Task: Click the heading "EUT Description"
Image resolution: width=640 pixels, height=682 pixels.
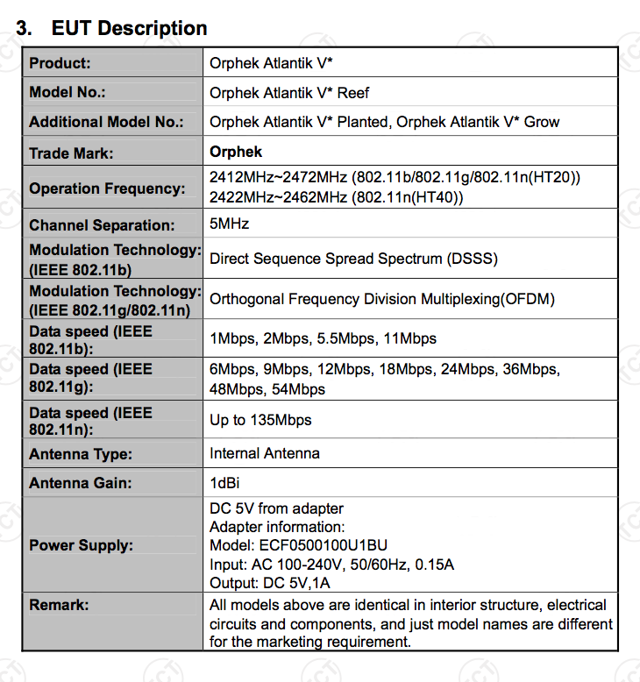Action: tap(130, 28)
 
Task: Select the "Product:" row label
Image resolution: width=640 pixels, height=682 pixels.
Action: tap(60, 64)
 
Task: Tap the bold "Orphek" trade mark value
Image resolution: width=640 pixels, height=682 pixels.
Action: tap(236, 152)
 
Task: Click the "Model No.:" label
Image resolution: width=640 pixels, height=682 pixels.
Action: tap(68, 93)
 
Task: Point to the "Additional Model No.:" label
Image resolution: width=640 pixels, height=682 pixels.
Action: tap(106, 123)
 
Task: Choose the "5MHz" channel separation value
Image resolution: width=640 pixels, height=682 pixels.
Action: tap(230, 224)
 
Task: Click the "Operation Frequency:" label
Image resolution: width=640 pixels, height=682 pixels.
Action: tap(107, 188)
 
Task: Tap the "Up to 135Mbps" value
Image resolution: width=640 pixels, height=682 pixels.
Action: tap(260, 420)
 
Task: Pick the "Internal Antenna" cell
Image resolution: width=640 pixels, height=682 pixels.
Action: tap(265, 453)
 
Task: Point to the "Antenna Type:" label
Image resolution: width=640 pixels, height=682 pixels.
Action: tap(81, 454)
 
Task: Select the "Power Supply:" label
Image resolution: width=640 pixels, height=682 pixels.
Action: tap(81, 545)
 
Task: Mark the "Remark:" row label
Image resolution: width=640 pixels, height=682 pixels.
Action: tap(59, 605)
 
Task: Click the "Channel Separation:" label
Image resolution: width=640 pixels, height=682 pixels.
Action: tap(102, 225)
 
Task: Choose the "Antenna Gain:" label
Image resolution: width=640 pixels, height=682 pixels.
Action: tap(81, 484)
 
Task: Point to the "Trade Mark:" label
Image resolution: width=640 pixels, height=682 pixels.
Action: tap(71, 153)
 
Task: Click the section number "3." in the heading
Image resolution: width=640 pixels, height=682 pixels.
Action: tap(25, 28)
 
